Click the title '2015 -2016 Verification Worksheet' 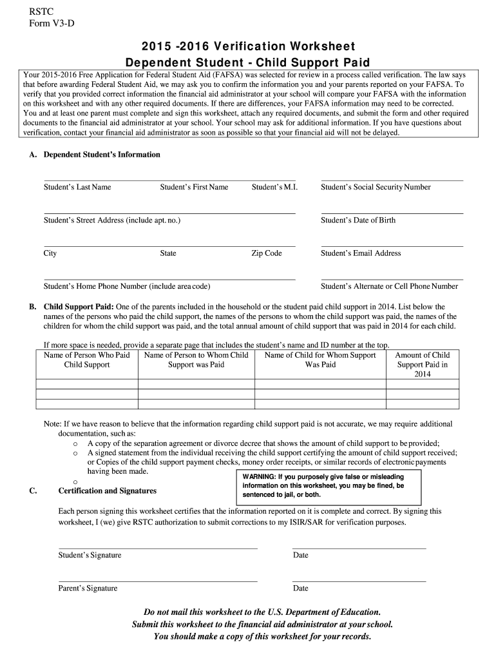pos(248,46)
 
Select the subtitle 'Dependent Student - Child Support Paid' pos(248,63)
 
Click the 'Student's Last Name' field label pos(77,188)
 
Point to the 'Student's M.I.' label pos(273,188)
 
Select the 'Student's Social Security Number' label pos(376,188)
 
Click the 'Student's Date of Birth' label pos(358,220)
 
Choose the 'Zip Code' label pos(266,253)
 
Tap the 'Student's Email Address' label pos(361,253)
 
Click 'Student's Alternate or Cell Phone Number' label pos(389,286)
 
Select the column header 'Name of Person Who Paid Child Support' pos(87,360)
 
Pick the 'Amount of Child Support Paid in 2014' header pos(423,364)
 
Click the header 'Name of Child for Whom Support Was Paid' pos(320,360)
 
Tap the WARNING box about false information pos(330,486)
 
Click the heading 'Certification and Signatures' pos(108,491)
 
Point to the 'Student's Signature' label pos(90,556)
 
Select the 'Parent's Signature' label pos(88,588)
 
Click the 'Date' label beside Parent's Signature pos(300,588)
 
